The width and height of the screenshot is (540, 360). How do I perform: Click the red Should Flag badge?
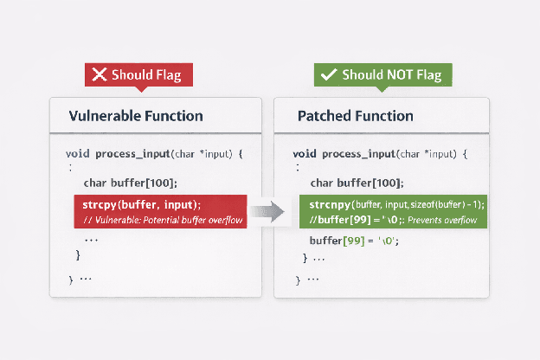138,74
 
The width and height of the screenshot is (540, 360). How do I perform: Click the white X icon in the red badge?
100,74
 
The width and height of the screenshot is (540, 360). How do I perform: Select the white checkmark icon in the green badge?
329,74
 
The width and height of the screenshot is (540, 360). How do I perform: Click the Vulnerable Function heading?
136,116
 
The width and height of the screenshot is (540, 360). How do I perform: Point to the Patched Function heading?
355,116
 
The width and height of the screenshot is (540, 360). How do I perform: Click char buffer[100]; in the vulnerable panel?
130,183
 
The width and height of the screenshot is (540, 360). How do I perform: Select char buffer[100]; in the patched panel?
357,183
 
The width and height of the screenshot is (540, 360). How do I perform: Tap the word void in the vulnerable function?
77,153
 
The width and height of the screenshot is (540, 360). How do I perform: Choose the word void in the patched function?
305,153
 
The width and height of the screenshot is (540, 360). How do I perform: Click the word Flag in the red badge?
167,74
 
